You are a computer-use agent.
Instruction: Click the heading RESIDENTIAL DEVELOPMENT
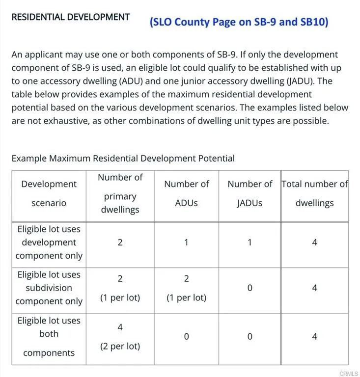point(70,17)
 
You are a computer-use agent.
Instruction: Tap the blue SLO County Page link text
point(239,22)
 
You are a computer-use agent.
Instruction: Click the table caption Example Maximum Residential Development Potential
point(123,158)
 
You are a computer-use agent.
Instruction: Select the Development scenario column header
point(49,193)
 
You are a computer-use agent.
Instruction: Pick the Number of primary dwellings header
point(120,193)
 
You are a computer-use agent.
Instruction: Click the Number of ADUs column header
point(186,193)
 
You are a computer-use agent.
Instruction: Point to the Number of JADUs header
point(249,193)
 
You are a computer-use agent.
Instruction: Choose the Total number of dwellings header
point(314,193)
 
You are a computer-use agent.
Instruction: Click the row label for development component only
point(49,242)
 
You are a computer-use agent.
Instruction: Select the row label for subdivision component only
point(49,288)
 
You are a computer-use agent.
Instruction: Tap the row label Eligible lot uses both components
point(49,336)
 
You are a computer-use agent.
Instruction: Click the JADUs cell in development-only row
point(249,242)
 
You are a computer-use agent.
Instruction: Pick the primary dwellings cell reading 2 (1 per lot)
point(120,288)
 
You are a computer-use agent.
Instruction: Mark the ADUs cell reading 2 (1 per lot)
point(186,288)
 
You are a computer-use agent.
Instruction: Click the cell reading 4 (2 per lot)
point(120,336)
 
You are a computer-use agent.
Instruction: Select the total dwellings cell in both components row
point(314,337)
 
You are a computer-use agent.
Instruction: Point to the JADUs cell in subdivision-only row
point(249,288)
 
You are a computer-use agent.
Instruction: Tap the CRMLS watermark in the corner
point(348,374)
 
